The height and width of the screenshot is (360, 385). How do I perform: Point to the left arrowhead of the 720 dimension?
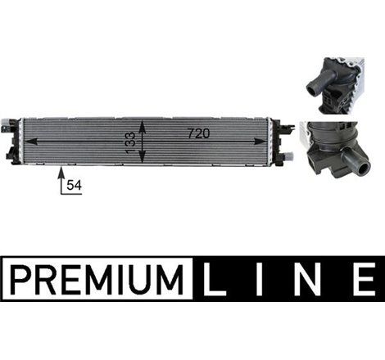click(34, 140)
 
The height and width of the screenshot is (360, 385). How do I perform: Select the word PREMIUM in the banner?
click(97, 277)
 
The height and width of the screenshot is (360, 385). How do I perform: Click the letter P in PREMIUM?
click(20, 277)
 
